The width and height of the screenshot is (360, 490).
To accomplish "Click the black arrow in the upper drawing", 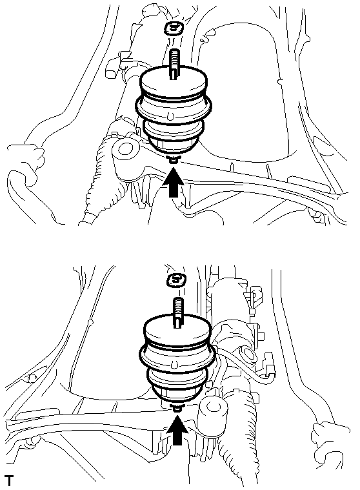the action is [x=174, y=182].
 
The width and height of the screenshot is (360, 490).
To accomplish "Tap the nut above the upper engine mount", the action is [x=174, y=29].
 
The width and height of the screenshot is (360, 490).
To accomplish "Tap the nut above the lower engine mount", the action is [x=176, y=280].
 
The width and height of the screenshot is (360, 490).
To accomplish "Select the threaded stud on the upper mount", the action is [x=174, y=65].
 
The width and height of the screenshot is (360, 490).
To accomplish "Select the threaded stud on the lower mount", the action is [x=177, y=313].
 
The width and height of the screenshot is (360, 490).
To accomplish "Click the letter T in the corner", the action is [x=10, y=480].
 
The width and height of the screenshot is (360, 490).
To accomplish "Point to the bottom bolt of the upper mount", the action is [x=173, y=159].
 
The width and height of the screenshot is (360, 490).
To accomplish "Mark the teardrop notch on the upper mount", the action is [x=169, y=116].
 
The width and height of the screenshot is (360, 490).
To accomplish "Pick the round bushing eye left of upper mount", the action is [x=126, y=148].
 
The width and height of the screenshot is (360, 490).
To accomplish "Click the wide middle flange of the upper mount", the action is [x=174, y=107].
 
